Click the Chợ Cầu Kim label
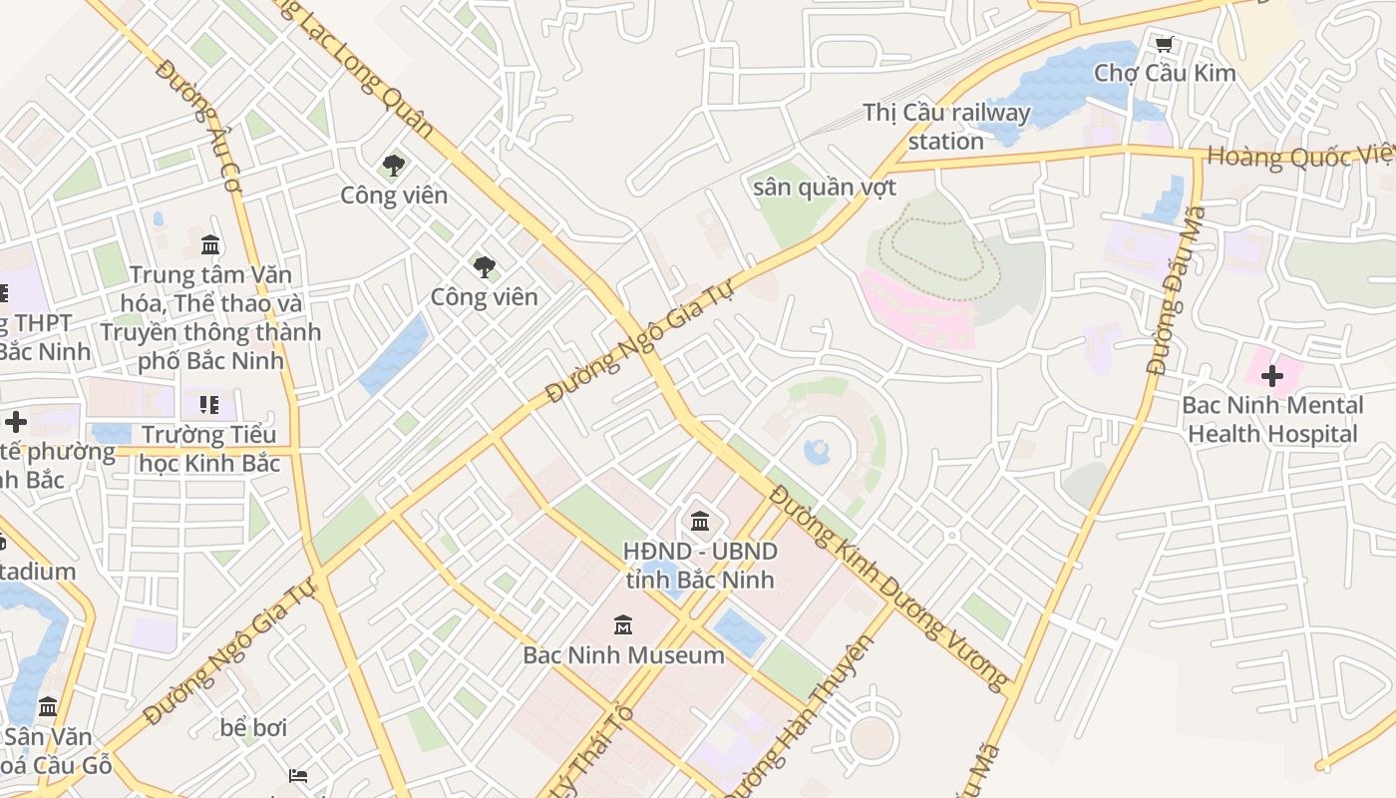tap(1165, 73)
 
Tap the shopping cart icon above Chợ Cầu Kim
tap(1164, 44)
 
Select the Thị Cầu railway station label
tap(946, 127)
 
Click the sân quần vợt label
tap(825, 188)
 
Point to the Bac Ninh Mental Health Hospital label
tap(1272, 420)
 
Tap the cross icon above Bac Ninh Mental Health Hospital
tap(1271, 377)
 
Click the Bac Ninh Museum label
tap(624, 655)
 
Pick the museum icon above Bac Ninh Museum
tap(623, 625)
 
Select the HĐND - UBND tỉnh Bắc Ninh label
tap(700, 565)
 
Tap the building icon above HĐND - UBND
tap(700, 521)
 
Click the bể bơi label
tap(253, 728)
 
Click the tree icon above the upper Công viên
tap(394, 166)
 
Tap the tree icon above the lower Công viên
tap(485, 266)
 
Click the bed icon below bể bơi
tap(297, 775)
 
